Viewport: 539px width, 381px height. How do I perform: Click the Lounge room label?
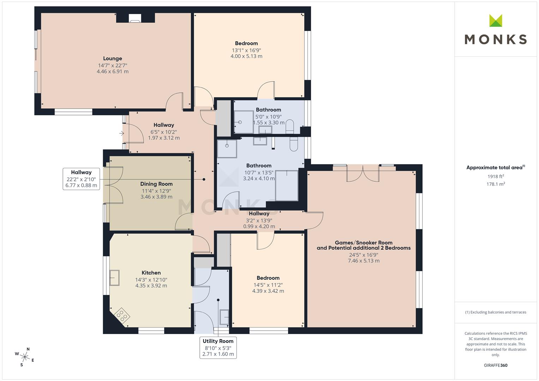click(113, 59)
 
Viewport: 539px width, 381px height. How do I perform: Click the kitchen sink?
click(114, 278)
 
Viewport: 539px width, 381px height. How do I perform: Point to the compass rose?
click(25, 356)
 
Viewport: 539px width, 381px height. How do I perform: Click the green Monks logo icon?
click(496, 21)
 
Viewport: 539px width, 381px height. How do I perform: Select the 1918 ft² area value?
click(496, 176)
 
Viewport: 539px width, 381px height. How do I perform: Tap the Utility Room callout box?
click(218, 347)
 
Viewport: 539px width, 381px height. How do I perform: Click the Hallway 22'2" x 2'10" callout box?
click(81, 179)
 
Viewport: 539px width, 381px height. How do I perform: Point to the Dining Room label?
click(156, 184)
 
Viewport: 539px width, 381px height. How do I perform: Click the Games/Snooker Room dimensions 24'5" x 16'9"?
click(364, 255)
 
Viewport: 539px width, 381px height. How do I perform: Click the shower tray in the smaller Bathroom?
click(244, 122)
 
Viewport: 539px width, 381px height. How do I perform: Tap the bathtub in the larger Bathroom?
click(287, 185)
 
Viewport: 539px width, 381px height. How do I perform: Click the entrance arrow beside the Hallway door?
click(121, 133)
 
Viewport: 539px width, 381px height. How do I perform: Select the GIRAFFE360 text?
click(496, 365)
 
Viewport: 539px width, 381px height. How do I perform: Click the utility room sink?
click(224, 317)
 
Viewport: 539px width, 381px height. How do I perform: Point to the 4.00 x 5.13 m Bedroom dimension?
click(246, 56)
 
